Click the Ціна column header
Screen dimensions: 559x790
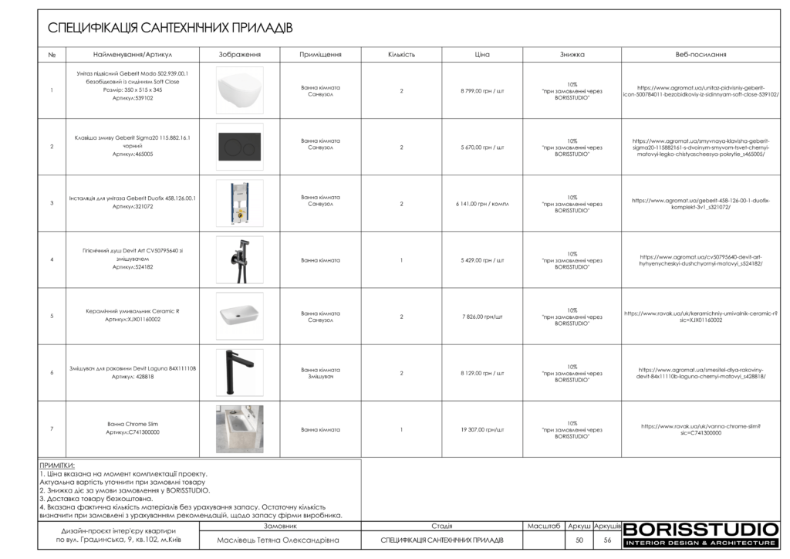coord(482,55)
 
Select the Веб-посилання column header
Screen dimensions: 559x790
coord(701,55)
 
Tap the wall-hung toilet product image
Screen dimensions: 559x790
coord(239,90)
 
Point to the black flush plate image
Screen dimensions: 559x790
coord(239,147)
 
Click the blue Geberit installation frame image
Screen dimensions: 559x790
coord(239,203)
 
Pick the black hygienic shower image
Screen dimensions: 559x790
coord(239,259)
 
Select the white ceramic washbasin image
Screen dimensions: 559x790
coord(239,316)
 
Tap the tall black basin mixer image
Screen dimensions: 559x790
coord(239,372)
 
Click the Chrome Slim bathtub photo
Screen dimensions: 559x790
coord(239,429)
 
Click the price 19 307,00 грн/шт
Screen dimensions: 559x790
coord(482,429)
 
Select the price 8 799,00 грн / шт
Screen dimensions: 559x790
coord(482,91)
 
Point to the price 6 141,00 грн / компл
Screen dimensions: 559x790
coord(482,204)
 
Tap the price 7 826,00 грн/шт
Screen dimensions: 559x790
coord(482,317)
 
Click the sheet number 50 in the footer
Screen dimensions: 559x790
coord(579,540)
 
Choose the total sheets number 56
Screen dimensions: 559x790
coord(607,540)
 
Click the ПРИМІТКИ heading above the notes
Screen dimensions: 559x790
coord(56,466)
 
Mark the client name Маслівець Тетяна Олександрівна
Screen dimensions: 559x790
coord(279,540)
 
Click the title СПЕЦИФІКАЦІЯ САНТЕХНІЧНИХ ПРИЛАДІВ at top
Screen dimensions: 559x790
coord(170,29)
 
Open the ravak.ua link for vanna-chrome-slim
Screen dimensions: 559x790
coord(701,429)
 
